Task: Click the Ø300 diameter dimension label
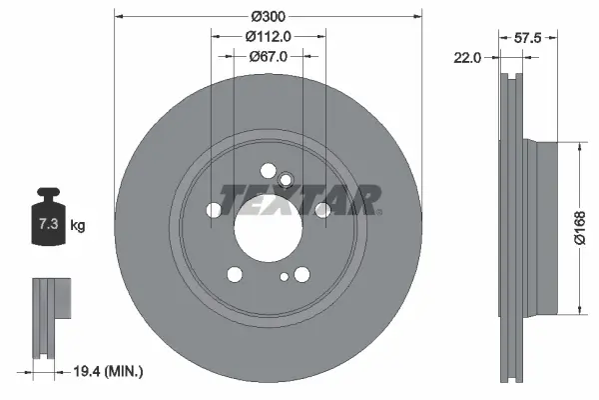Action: pos(269,16)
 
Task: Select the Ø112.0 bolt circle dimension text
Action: pos(269,36)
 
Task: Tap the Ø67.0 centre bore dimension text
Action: pos(269,57)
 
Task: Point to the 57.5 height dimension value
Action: pos(527,38)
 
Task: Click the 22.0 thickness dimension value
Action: pos(467,58)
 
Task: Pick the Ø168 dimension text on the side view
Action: pos(579,227)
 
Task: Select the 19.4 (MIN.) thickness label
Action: pos(108,371)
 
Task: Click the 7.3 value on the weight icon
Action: pos(49,224)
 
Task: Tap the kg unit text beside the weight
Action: pos(78,225)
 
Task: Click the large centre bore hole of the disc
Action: pos(269,228)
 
